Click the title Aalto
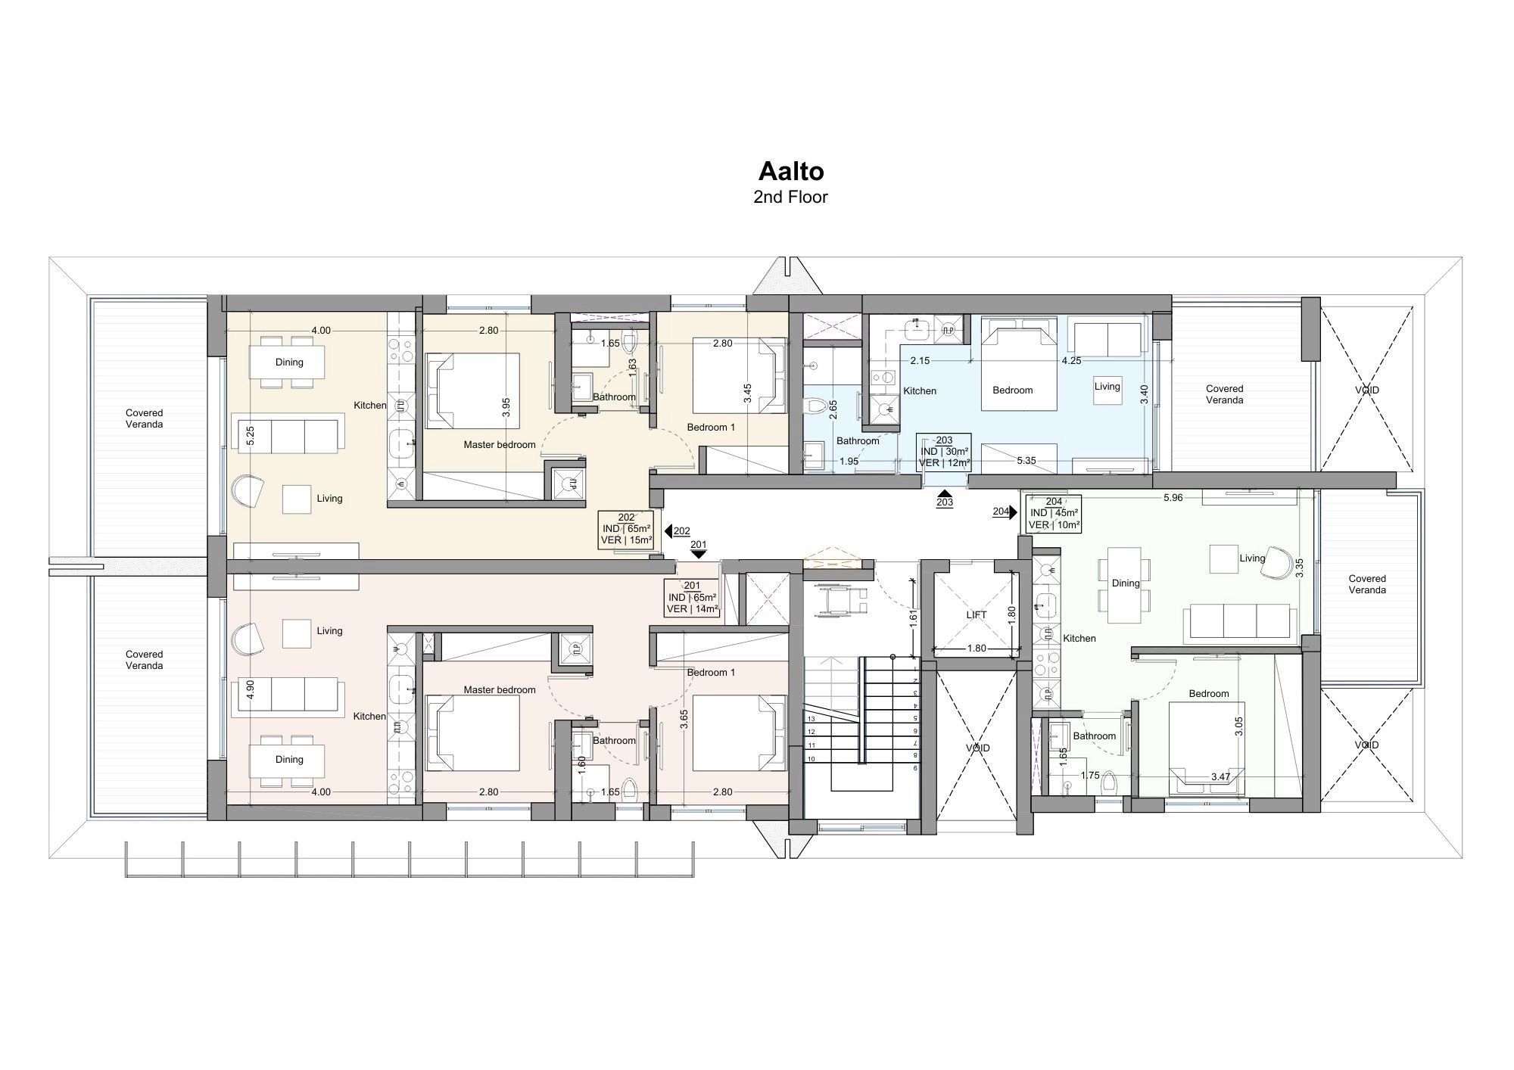(x=790, y=171)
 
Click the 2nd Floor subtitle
(x=790, y=197)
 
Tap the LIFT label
(x=977, y=614)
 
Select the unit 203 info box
(x=943, y=452)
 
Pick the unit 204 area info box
(x=1054, y=513)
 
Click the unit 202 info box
(x=626, y=529)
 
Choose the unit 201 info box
(x=692, y=597)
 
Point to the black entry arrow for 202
(x=668, y=530)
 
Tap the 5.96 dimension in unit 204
(x=1173, y=497)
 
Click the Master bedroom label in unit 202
(x=500, y=445)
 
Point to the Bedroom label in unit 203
(x=1012, y=390)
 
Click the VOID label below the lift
(x=977, y=748)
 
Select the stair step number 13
(x=811, y=719)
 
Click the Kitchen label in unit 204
(x=1079, y=639)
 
